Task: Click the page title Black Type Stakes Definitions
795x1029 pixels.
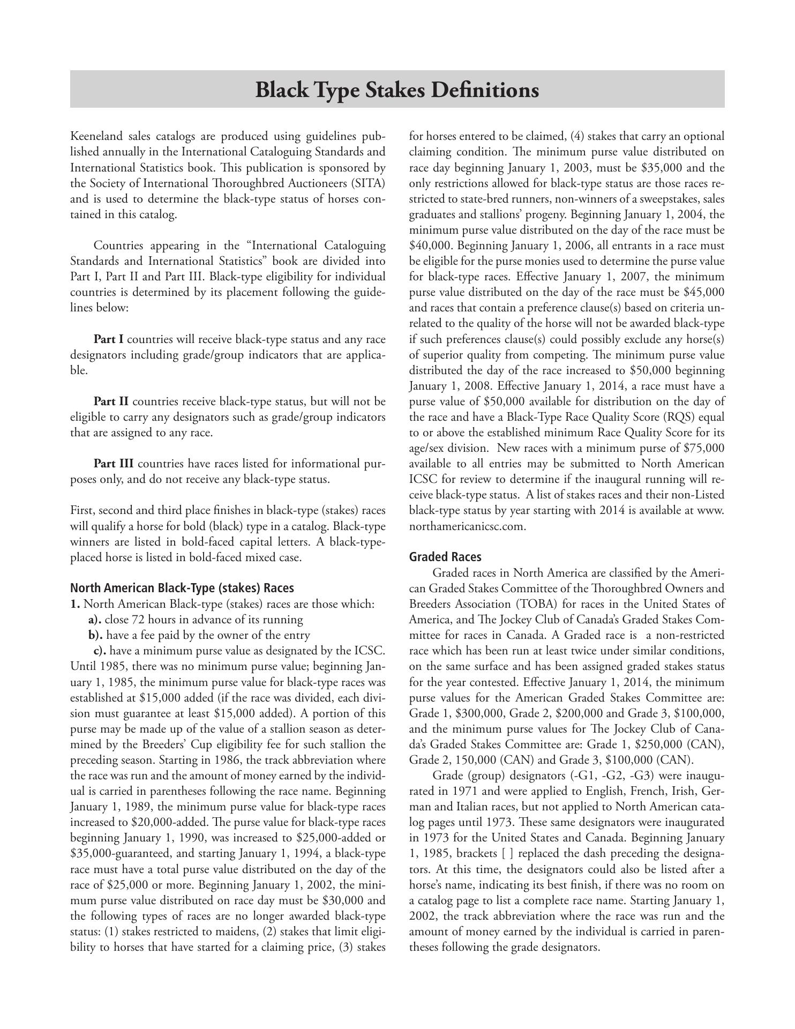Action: pyautogui.click(x=397, y=90)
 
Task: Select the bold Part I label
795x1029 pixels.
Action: pyautogui.click(x=109, y=339)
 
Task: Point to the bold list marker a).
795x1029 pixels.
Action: pyautogui.click(x=95, y=620)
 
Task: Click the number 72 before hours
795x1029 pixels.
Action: pyautogui.click(x=132, y=620)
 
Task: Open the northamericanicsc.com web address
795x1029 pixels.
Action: pyautogui.click(x=468, y=526)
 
